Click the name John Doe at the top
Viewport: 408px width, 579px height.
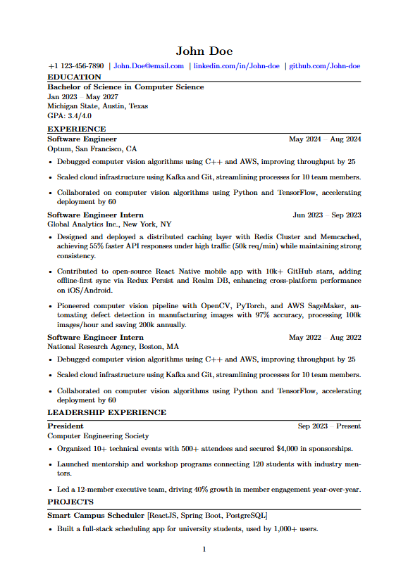(x=204, y=51)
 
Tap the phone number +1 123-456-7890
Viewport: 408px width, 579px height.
(x=75, y=66)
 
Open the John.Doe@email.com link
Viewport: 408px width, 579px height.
(x=149, y=66)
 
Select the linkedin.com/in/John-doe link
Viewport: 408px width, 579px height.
(x=236, y=66)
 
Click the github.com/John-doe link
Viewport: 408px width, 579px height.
(x=325, y=66)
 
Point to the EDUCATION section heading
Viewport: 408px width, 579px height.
(x=74, y=77)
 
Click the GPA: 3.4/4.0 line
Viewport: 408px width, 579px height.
(x=69, y=115)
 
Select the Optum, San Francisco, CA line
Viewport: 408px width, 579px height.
(x=92, y=149)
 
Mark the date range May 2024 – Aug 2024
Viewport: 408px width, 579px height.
(x=325, y=139)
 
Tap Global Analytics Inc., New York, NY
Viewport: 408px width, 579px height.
(x=109, y=224)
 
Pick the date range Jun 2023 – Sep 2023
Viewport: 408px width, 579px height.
(x=327, y=215)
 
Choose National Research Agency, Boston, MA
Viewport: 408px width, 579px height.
(x=113, y=347)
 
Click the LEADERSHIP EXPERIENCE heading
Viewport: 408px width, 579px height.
(x=106, y=412)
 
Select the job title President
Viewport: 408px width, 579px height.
(x=65, y=426)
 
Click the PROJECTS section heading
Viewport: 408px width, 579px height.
(x=70, y=502)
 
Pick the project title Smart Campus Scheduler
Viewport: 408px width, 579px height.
(x=96, y=516)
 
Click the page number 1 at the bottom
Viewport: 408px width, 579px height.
(x=204, y=549)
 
